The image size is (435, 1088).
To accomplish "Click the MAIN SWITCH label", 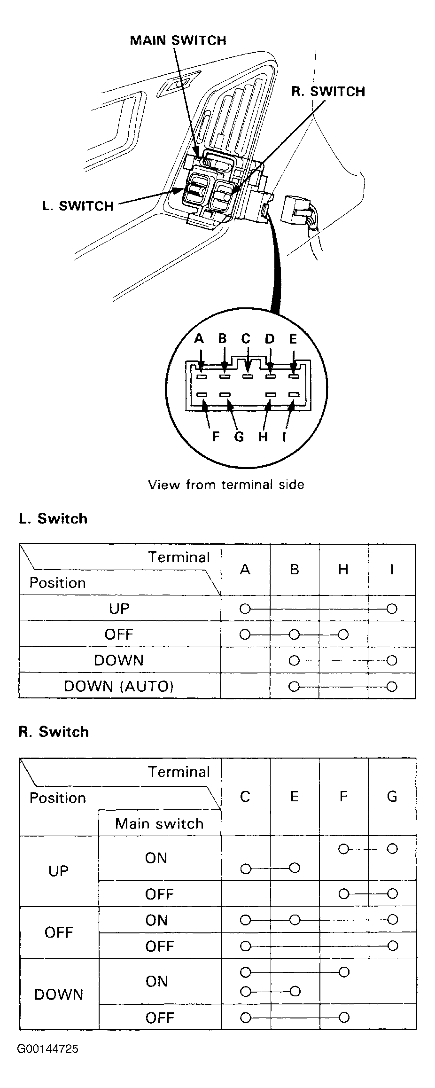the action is point(178,40).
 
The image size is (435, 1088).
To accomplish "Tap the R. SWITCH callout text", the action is point(328,91).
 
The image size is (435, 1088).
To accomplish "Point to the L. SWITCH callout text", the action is point(78,206).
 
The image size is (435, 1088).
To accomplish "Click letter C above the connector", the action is point(246,338).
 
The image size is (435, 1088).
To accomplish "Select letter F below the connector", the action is point(216,437).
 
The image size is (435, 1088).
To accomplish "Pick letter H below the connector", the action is point(263,437).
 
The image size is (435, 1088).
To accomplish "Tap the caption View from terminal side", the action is point(226,485).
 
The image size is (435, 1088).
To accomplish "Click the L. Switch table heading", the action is point(53,518).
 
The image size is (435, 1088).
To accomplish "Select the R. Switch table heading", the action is point(54,732).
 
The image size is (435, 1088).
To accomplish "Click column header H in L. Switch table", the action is point(343,570).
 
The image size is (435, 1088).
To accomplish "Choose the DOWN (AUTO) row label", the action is point(119,686).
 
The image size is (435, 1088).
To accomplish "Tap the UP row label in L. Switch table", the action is point(119,609).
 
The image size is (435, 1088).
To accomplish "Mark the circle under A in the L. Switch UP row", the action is point(245,609).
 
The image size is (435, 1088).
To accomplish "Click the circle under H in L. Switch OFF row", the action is point(343,634).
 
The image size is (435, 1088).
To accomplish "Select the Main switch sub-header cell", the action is point(159,824).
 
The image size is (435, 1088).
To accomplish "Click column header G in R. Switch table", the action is point(392,796).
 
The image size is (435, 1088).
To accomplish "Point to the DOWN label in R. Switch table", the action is point(59,994).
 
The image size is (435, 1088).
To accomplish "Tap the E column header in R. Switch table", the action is point(295,796).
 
